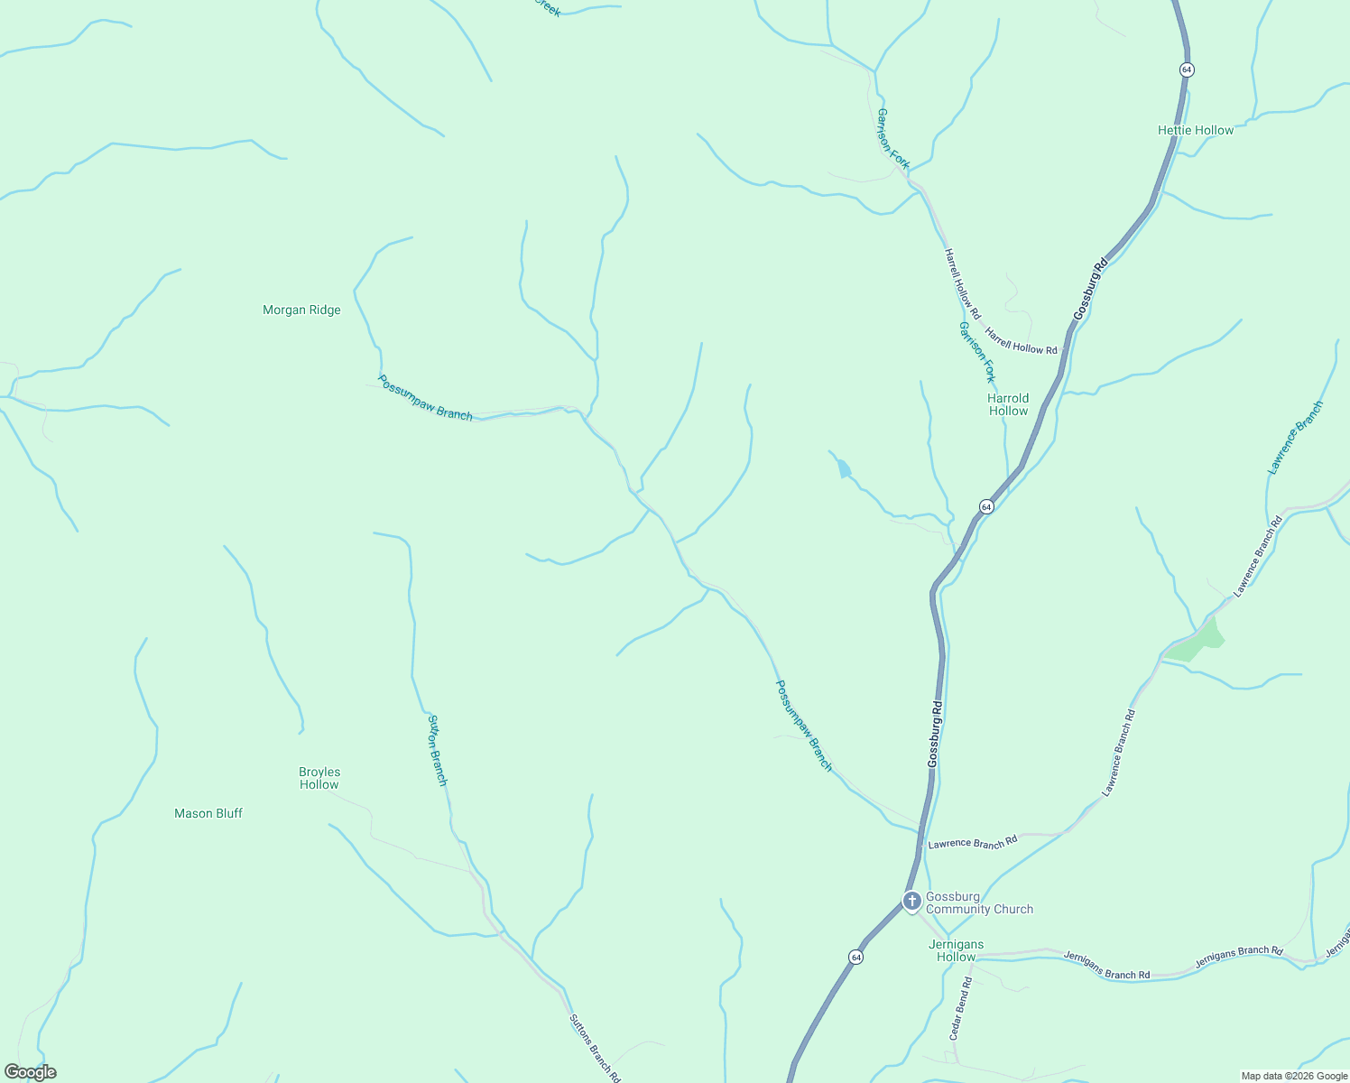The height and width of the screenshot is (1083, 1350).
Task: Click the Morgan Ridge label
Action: (x=301, y=310)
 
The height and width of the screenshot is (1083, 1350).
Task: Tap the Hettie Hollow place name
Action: (x=1195, y=130)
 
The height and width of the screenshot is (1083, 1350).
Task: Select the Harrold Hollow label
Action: (x=1008, y=404)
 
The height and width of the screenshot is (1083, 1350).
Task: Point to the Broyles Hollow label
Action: (x=319, y=778)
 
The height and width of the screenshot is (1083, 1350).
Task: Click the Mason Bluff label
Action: (x=208, y=813)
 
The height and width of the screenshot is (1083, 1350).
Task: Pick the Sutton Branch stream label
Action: (x=437, y=750)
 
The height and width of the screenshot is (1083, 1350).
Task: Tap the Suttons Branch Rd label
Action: (x=595, y=1048)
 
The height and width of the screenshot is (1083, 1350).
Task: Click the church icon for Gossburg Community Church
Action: (x=911, y=901)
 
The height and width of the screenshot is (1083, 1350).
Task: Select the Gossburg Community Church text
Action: (x=979, y=902)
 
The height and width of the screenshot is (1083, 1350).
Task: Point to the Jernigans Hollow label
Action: (x=956, y=950)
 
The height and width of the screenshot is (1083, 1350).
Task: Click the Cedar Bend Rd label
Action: (x=960, y=1008)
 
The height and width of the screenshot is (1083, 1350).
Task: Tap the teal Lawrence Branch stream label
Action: (x=1295, y=438)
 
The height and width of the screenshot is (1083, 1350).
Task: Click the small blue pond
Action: (x=844, y=468)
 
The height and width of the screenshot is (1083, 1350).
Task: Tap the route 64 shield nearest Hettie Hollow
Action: (x=1187, y=69)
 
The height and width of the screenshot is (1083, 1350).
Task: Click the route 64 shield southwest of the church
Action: (x=855, y=957)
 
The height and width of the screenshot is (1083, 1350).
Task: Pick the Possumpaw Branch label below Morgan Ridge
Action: (x=425, y=398)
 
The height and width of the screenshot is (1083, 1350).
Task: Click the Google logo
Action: (x=31, y=1072)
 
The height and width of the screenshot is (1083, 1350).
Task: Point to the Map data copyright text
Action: (x=1293, y=1076)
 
